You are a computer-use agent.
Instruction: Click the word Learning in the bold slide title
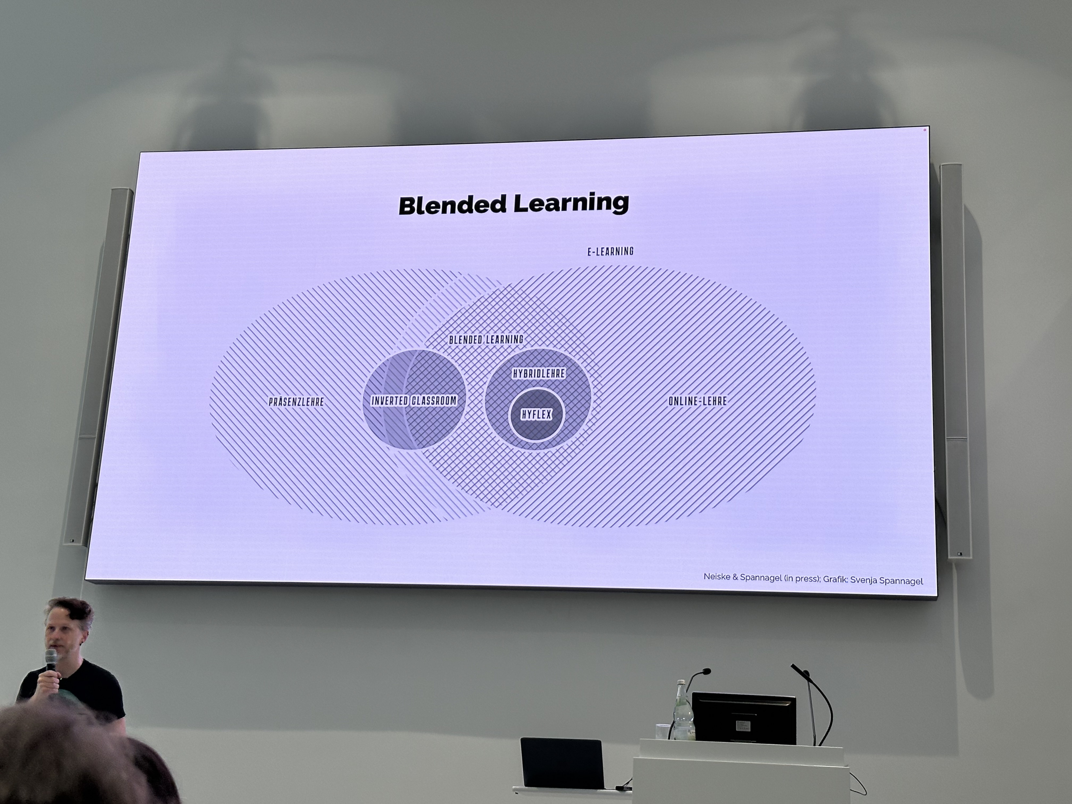(x=571, y=203)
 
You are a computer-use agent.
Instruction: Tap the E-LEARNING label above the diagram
(x=610, y=251)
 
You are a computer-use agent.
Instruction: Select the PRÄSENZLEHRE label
(x=296, y=401)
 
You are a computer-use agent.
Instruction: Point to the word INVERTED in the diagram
(x=390, y=401)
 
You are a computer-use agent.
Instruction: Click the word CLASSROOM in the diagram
(x=434, y=401)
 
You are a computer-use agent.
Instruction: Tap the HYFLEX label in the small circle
(x=536, y=414)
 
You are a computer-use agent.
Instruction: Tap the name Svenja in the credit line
(x=865, y=580)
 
